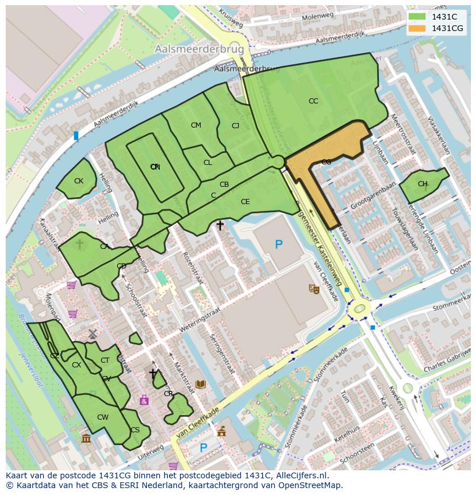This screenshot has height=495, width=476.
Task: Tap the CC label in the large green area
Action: tap(313, 101)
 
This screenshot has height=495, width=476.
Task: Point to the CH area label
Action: tap(423, 184)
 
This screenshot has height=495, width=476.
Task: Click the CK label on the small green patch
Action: tap(79, 181)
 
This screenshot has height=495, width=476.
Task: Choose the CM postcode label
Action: tap(196, 125)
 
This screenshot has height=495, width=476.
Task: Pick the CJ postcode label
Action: tap(235, 126)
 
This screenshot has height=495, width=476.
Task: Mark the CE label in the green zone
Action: tap(245, 202)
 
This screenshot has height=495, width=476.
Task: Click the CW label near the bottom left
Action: tap(102, 417)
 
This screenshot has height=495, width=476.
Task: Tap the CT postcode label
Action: tap(105, 360)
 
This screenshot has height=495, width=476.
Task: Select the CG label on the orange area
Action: tap(326, 162)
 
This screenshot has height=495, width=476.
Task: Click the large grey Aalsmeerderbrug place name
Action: tap(199, 50)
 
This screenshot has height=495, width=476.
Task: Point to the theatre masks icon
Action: tap(314, 289)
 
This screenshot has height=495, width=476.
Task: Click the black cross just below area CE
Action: tap(220, 226)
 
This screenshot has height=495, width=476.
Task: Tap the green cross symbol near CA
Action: tap(80, 244)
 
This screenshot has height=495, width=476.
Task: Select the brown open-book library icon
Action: tap(201, 384)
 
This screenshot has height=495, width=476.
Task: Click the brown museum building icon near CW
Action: tap(86, 439)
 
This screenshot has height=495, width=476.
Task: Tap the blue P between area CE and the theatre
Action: tap(279, 244)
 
